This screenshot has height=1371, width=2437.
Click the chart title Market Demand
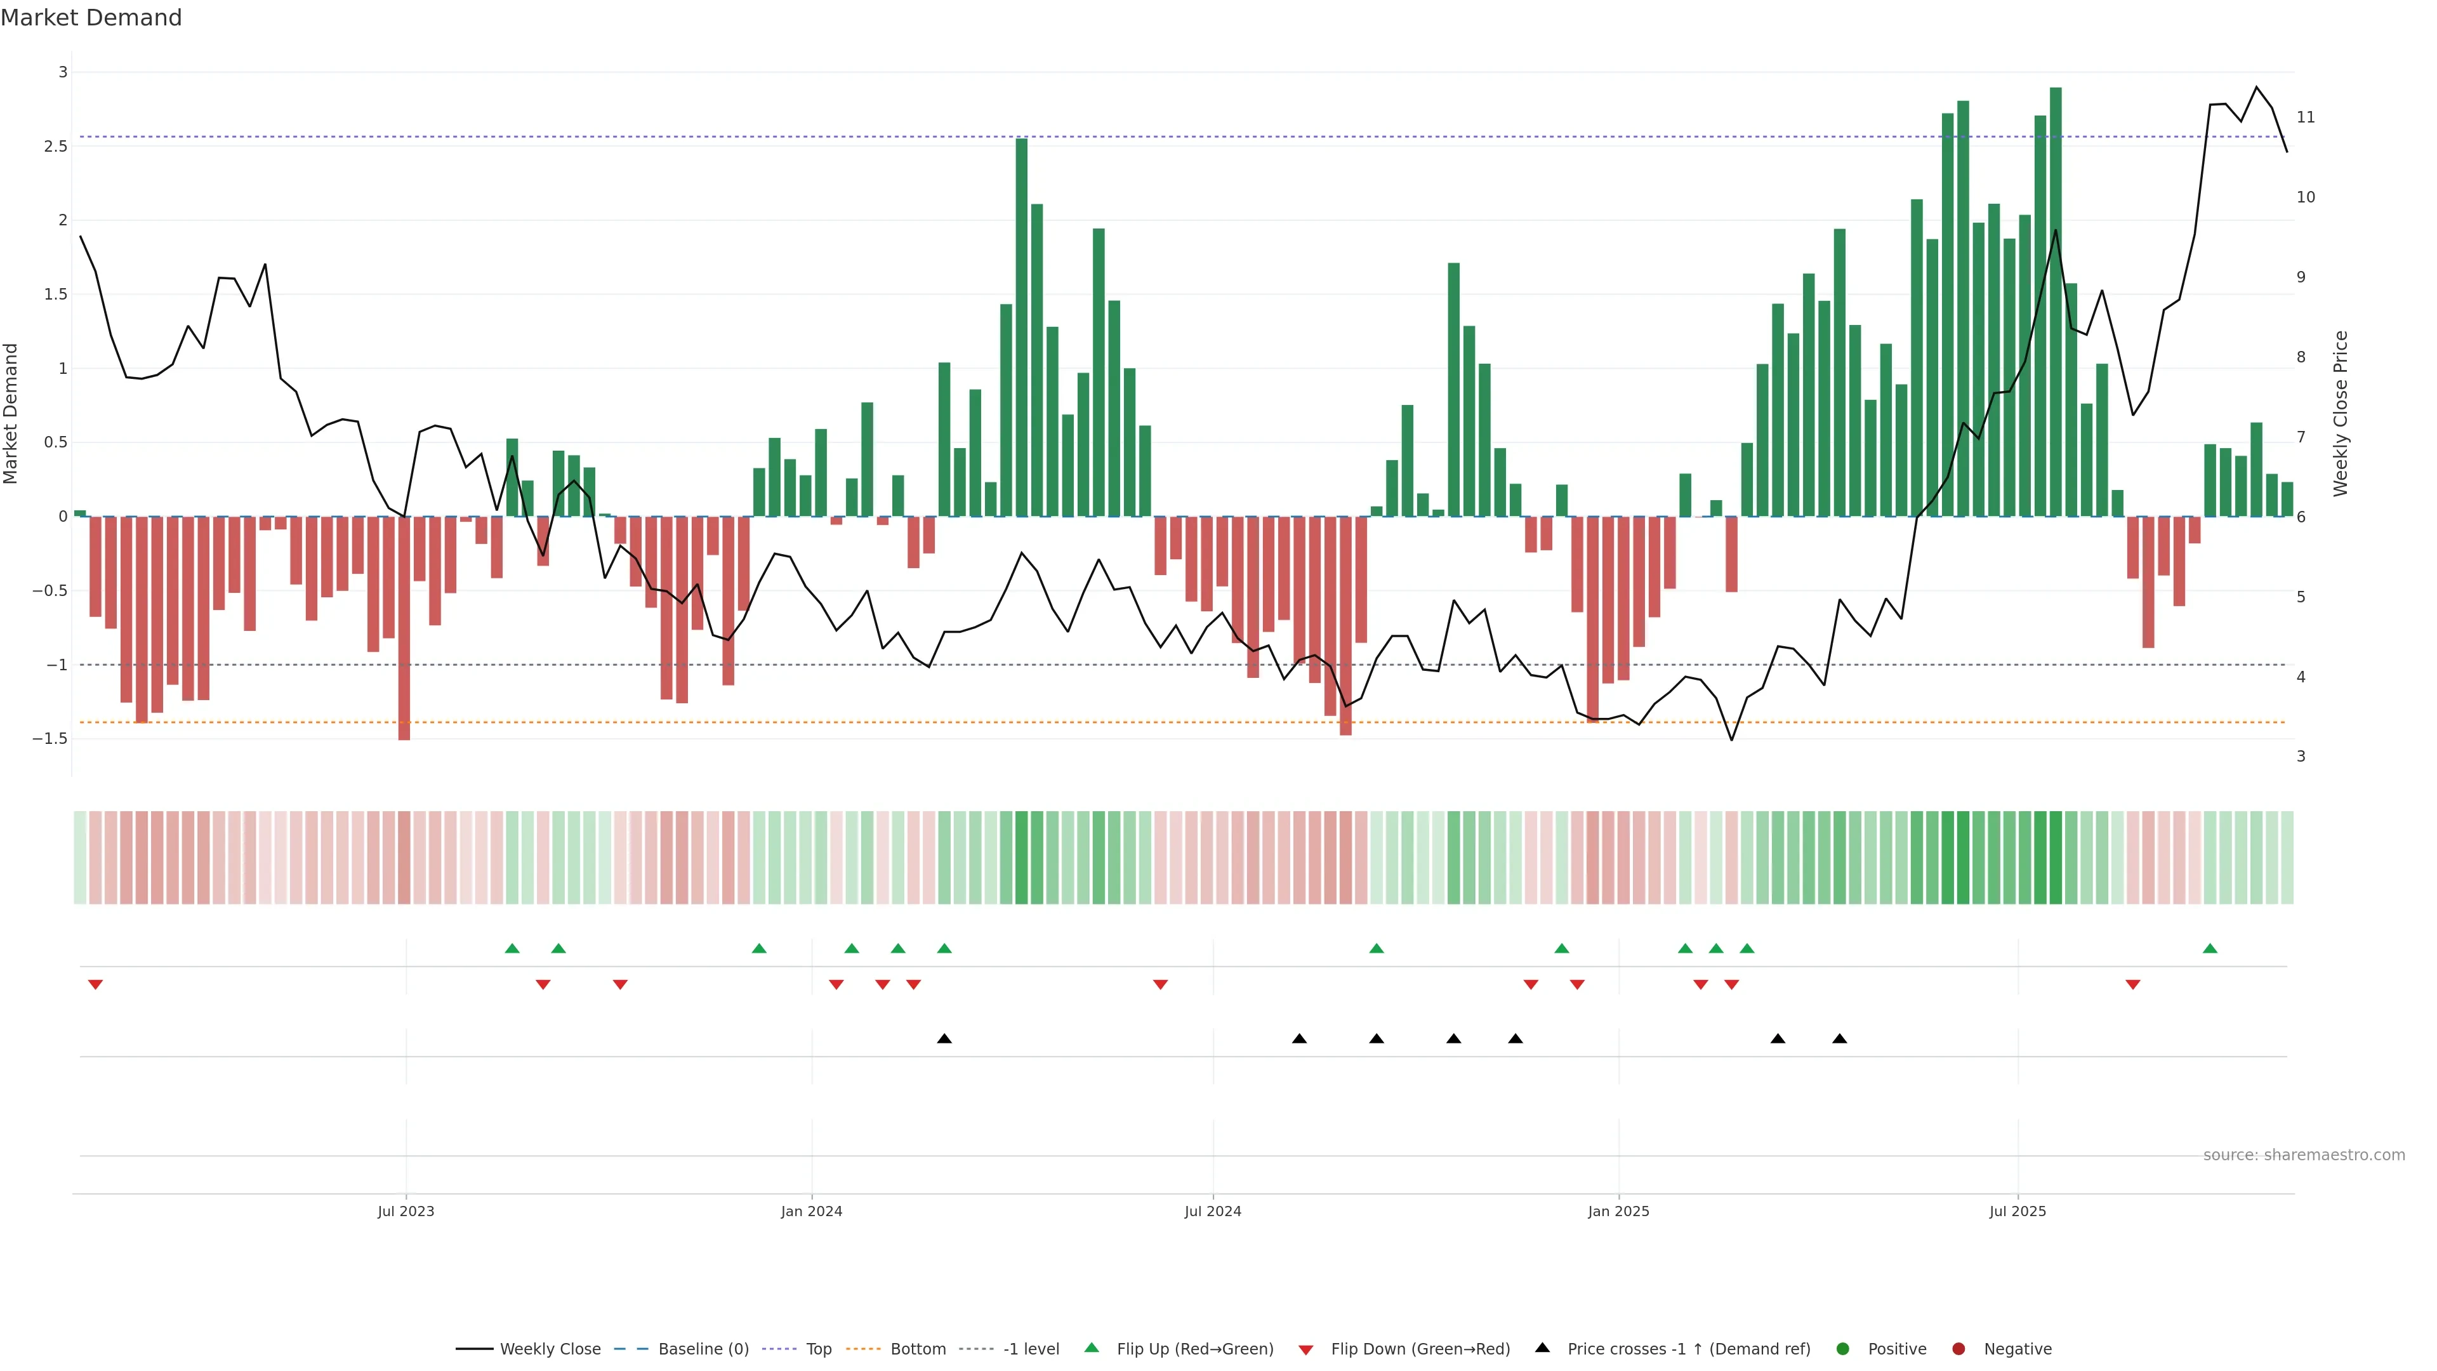pyautogui.click(x=91, y=18)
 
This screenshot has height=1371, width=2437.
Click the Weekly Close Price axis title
pyautogui.click(x=2341, y=413)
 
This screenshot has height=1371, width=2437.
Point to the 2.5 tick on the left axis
pyautogui.click(x=56, y=147)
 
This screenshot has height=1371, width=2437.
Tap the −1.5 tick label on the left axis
pyautogui.click(x=50, y=739)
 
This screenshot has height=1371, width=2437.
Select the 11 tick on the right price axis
pyautogui.click(x=2306, y=117)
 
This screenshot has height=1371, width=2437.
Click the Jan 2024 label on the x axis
pyautogui.click(x=811, y=1211)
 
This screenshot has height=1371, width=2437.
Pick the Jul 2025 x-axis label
pyautogui.click(x=2017, y=1211)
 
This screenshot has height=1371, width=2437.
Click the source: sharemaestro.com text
pyautogui.click(x=2304, y=1155)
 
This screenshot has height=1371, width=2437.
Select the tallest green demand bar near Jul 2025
pyautogui.click(x=2056, y=303)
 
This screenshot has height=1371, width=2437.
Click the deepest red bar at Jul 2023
pyautogui.click(x=404, y=628)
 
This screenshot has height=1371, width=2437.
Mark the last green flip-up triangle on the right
pyautogui.click(x=2210, y=949)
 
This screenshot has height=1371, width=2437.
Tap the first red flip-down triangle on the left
pyautogui.click(x=96, y=985)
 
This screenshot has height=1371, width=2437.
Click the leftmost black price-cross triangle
pyautogui.click(x=944, y=1039)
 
